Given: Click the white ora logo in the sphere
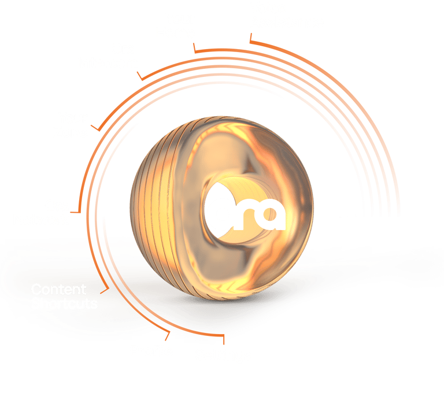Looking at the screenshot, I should click(247, 215).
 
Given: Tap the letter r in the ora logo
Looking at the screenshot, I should click(245, 216).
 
